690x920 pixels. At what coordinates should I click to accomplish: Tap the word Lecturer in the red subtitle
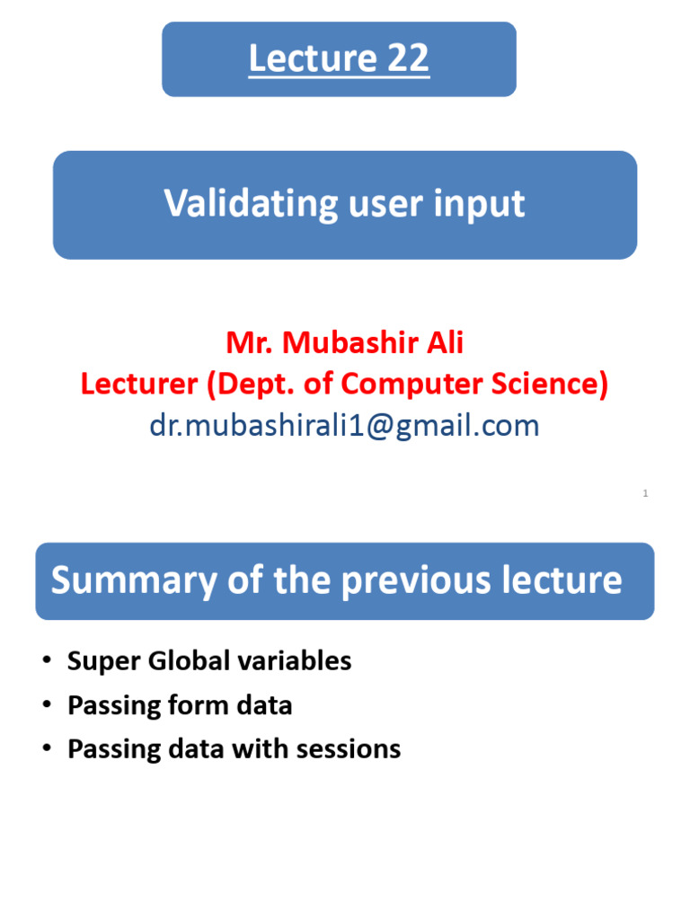138,384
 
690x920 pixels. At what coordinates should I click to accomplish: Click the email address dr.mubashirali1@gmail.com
344,425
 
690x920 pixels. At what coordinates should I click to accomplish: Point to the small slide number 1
645,493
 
